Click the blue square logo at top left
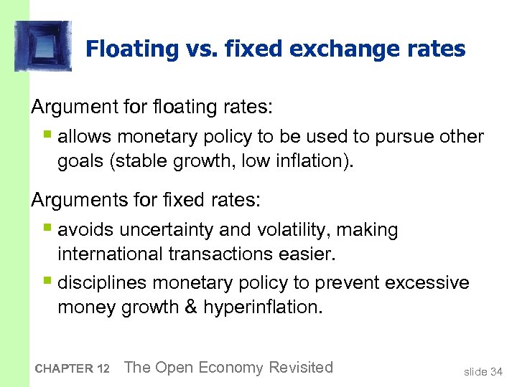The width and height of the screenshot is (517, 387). [42, 47]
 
